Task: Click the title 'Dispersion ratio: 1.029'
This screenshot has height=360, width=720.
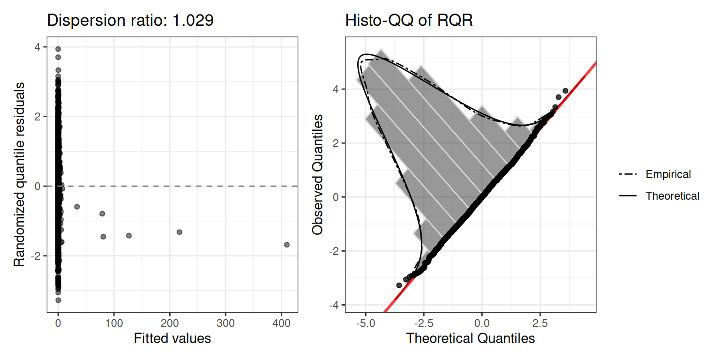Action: click(x=130, y=21)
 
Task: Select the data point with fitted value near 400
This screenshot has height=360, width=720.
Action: click(x=286, y=245)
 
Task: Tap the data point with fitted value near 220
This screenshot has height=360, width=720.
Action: click(x=179, y=232)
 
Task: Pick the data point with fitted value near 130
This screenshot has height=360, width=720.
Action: click(x=129, y=235)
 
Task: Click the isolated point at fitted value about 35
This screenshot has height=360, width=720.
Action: click(x=77, y=207)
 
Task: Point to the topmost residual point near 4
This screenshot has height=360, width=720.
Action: click(x=58, y=49)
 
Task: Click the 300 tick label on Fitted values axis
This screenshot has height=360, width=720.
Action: click(x=225, y=323)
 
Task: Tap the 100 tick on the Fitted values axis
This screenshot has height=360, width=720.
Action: click(x=114, y=323)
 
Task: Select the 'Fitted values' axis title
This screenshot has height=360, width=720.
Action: click(x=172, y=338)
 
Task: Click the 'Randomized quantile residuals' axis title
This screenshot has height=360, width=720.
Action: click(x=20, y=174)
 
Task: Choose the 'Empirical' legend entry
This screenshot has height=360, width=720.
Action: click(x=668, y=174)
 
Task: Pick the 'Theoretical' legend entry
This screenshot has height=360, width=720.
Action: click(x=672, y=196)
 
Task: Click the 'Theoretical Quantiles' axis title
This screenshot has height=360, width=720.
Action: click(x=470, y=338)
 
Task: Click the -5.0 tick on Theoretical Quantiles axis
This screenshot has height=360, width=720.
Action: click(x=365, y=323)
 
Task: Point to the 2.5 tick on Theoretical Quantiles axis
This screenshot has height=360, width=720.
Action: click(x=540, y=323)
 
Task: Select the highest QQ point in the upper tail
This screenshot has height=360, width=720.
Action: click(x=565, y=90)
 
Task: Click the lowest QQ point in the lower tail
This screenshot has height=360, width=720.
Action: click(x=399, y=285)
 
